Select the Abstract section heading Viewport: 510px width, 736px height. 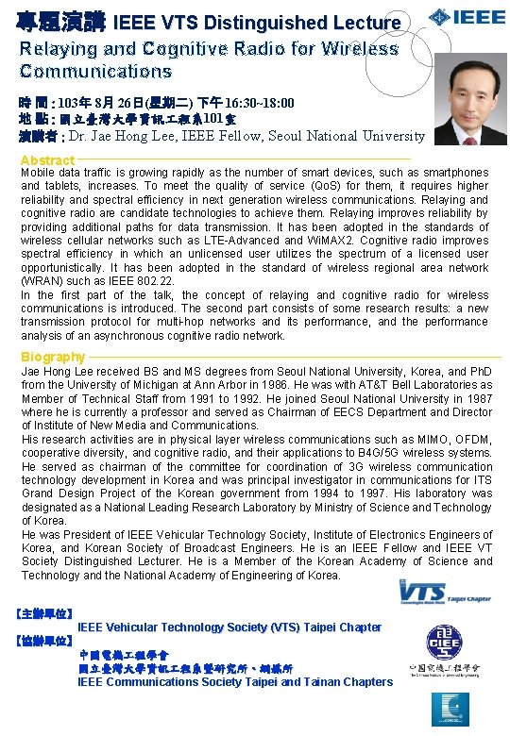tap(47, 160)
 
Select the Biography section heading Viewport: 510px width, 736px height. tap(53, 357)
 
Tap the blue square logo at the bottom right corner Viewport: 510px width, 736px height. tap(450, 709)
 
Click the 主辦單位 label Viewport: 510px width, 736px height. tap(45, 613)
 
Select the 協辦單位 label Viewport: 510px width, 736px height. tap(45, 641)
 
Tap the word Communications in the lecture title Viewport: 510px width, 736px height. tap(95, 71)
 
